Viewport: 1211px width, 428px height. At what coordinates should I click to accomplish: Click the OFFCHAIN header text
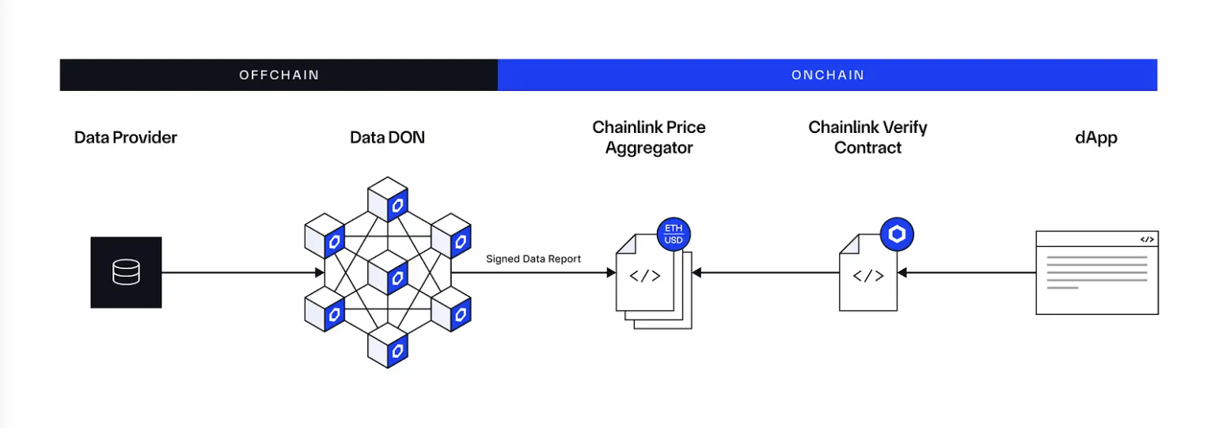(279, 75)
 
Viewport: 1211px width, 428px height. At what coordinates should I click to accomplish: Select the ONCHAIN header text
(827, 75)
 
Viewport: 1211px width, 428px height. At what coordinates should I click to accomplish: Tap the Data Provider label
(126, 138)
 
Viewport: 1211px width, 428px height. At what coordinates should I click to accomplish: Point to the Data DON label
(387, 138)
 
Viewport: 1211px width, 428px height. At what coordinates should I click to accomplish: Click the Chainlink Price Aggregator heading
(649, 138)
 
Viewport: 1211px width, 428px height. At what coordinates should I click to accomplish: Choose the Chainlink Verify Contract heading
(867, 138)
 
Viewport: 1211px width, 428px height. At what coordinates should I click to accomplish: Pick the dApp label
(1096, 138)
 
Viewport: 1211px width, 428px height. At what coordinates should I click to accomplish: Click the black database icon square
(126, 272)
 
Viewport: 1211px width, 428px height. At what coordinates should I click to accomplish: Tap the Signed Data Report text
(533, 259)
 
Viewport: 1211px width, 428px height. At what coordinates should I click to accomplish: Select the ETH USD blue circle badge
(674, 234)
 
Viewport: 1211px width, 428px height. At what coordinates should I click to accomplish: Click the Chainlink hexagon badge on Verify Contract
(898, 234)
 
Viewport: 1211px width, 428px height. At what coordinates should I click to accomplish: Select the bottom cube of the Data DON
(387, 346)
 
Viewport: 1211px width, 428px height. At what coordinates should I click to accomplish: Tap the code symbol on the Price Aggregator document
(644, 276)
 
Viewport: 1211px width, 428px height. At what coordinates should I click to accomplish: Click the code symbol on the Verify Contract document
(867, 276)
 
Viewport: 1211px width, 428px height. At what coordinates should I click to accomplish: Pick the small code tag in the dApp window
(1146, 239)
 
